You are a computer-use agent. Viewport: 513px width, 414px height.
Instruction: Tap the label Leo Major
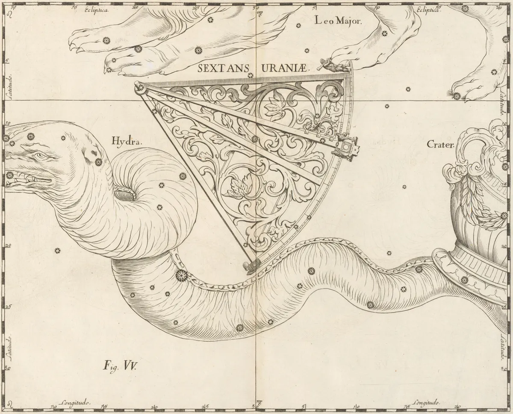click(x=338, y=20)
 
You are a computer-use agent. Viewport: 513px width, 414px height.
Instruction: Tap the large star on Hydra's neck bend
click(x=181, y=274)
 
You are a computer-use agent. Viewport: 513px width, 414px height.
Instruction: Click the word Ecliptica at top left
click(x=97, y=9)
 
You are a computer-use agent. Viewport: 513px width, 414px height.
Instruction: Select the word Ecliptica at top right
click(x=428, y=10)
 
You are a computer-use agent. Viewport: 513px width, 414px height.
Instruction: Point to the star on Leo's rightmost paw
click(x=457, y=95)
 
